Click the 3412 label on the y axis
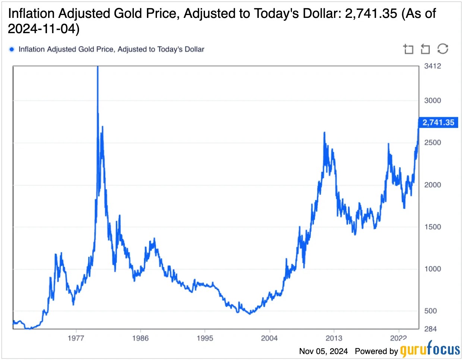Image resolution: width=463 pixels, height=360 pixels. point(432,66)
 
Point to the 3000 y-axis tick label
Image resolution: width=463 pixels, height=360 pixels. point(432,100)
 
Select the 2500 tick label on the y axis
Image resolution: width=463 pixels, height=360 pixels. point(432,143)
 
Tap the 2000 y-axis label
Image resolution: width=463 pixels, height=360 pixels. point(432,185)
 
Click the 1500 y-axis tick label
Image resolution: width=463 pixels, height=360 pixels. point(432,227)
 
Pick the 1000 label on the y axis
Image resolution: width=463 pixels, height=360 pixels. point(432,269)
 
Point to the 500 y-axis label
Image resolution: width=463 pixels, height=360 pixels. point(430,311)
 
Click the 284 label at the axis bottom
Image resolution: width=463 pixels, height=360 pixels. point(430,329)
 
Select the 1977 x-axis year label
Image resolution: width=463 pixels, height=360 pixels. point(76,338)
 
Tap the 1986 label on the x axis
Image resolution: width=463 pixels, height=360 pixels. point(140,338)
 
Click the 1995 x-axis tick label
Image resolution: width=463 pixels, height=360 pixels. point(205,338)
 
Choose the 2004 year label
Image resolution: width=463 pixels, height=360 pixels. point(269,338)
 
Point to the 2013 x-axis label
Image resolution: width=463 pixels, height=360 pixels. point(334,338)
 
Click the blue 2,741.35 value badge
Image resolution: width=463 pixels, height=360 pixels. point(438,123)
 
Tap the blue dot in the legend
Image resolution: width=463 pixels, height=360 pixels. point(12,49)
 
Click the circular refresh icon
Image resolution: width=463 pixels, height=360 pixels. point(442,49)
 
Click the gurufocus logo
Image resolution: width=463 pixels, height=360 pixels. point(430,350)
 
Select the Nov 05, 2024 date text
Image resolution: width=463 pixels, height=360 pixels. point(323,351)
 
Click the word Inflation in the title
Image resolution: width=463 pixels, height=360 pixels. point(31,13)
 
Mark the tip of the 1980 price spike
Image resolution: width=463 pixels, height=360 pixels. point(98,67)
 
